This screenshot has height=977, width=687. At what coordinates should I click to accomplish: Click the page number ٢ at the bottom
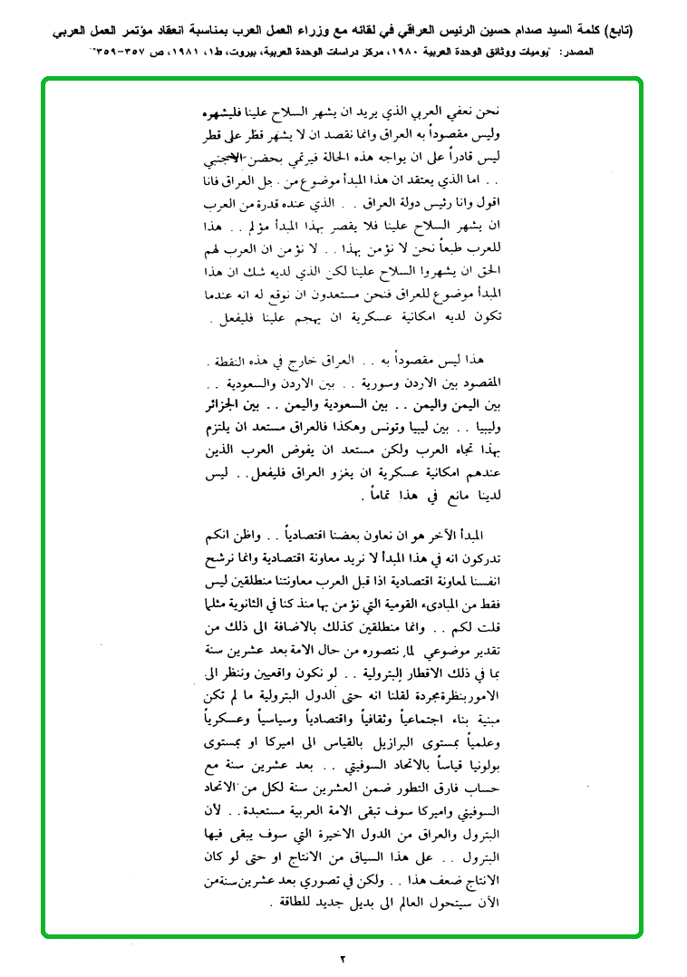pos(343,957)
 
